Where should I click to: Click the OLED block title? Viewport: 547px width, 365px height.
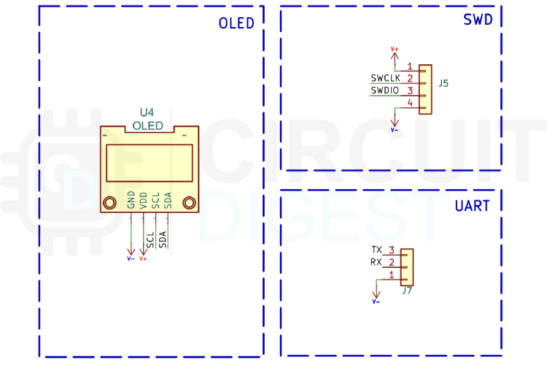tap(236, 23)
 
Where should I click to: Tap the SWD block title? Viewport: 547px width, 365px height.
tap(478, 20)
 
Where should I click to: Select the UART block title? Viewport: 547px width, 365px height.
tap(472, 206)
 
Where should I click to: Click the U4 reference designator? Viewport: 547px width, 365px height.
tap(147, 112)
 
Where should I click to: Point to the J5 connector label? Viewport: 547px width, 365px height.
tap(443, 84)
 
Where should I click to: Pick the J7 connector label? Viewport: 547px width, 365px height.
tap(407, 291)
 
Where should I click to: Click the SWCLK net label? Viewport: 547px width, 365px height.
tap(385, 78)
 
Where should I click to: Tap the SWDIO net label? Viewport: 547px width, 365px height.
tap(384, 91)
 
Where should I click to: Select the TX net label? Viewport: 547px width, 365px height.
tap(376, 250)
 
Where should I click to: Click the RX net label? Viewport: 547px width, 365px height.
tap(376, 262)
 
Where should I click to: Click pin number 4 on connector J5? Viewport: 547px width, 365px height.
tap(411, 104)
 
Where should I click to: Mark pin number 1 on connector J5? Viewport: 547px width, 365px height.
tap(411, 66)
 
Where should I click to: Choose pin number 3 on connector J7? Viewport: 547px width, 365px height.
tap(392, 250)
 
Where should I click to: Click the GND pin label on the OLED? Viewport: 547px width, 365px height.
tap(131, 199)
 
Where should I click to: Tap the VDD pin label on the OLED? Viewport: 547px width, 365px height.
tap(144, 201)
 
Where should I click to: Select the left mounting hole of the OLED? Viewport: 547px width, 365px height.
tap(110, 203)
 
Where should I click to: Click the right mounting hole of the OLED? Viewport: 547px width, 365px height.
tap(189, 203)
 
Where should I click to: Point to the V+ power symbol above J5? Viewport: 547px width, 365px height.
tap(395, 50)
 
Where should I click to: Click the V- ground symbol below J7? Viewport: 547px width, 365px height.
tap(376, 300)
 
